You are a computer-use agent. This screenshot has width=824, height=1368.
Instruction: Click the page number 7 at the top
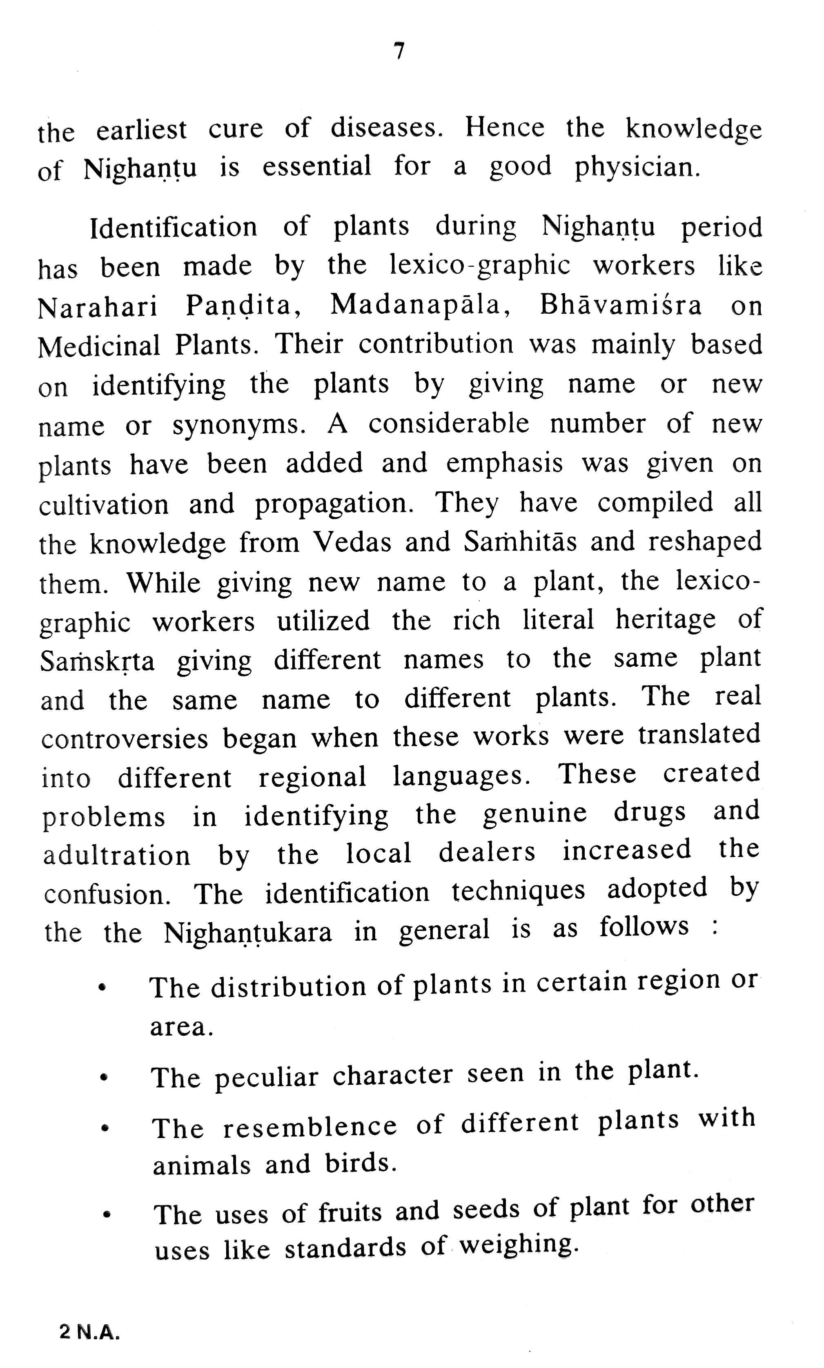399,51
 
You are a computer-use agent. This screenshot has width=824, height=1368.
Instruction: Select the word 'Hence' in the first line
504,128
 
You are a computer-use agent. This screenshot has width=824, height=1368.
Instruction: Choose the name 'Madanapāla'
420,305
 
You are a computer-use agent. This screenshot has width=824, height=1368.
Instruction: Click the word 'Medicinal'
99,346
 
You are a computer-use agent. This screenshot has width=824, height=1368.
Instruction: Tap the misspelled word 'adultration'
116,855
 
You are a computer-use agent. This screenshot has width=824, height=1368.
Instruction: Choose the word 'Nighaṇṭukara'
247,933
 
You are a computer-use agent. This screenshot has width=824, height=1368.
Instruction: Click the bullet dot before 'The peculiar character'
103,1078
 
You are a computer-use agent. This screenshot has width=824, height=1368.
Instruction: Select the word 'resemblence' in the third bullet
310,1127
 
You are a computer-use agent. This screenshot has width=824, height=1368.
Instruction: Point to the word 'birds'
361,1163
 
